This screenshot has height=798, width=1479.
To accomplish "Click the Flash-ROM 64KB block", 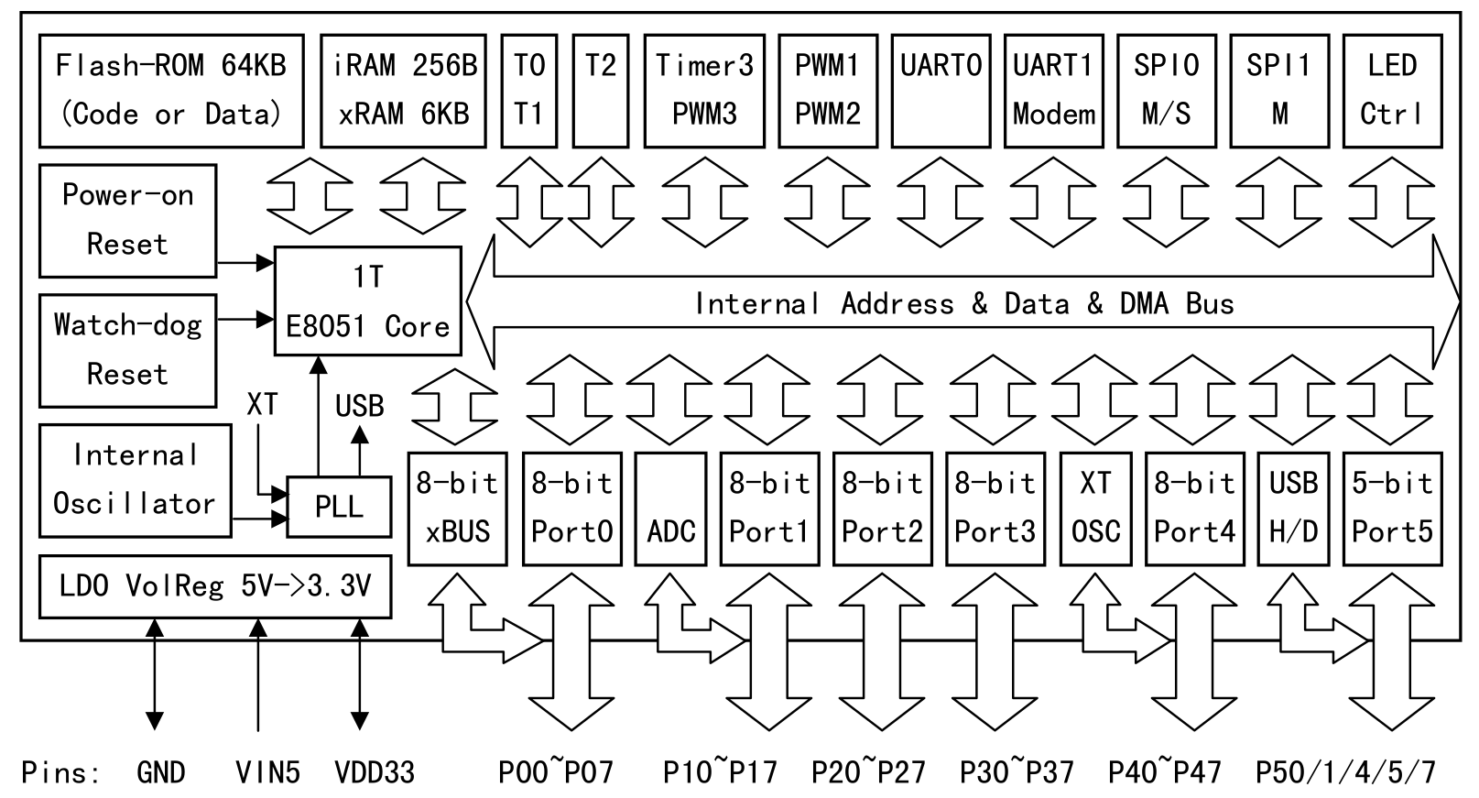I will (171, 91).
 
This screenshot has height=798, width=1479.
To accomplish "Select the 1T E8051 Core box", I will (368, 301).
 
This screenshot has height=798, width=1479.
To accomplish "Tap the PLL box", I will (339, 507).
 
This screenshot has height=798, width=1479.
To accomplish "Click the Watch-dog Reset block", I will (128, 350).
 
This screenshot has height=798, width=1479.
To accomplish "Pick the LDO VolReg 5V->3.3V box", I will (215, 585).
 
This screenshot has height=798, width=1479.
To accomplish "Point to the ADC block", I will (670, 508).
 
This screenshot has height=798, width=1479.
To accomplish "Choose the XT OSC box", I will (1095, 508).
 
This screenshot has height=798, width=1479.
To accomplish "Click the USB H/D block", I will (1293, 508).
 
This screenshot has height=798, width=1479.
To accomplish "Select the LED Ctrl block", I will (1392, 91).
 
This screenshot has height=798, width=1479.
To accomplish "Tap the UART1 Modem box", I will (1053, 91).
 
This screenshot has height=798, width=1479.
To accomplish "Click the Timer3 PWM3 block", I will (704, 91).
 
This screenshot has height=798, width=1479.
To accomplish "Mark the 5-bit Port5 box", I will (1392, 508).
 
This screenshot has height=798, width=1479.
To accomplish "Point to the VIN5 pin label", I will (267, 772).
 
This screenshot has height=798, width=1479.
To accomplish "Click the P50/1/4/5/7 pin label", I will (1345, 772).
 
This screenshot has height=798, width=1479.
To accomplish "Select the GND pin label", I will (161, 772).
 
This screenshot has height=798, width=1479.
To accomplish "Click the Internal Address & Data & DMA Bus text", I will (963, 303).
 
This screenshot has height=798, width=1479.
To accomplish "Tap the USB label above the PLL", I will (359, 406).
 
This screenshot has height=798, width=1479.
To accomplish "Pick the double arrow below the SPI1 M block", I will (1279, 202).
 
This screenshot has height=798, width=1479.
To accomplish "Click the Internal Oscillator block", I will (135, 480).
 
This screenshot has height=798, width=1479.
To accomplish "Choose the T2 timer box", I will (601, 91).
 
